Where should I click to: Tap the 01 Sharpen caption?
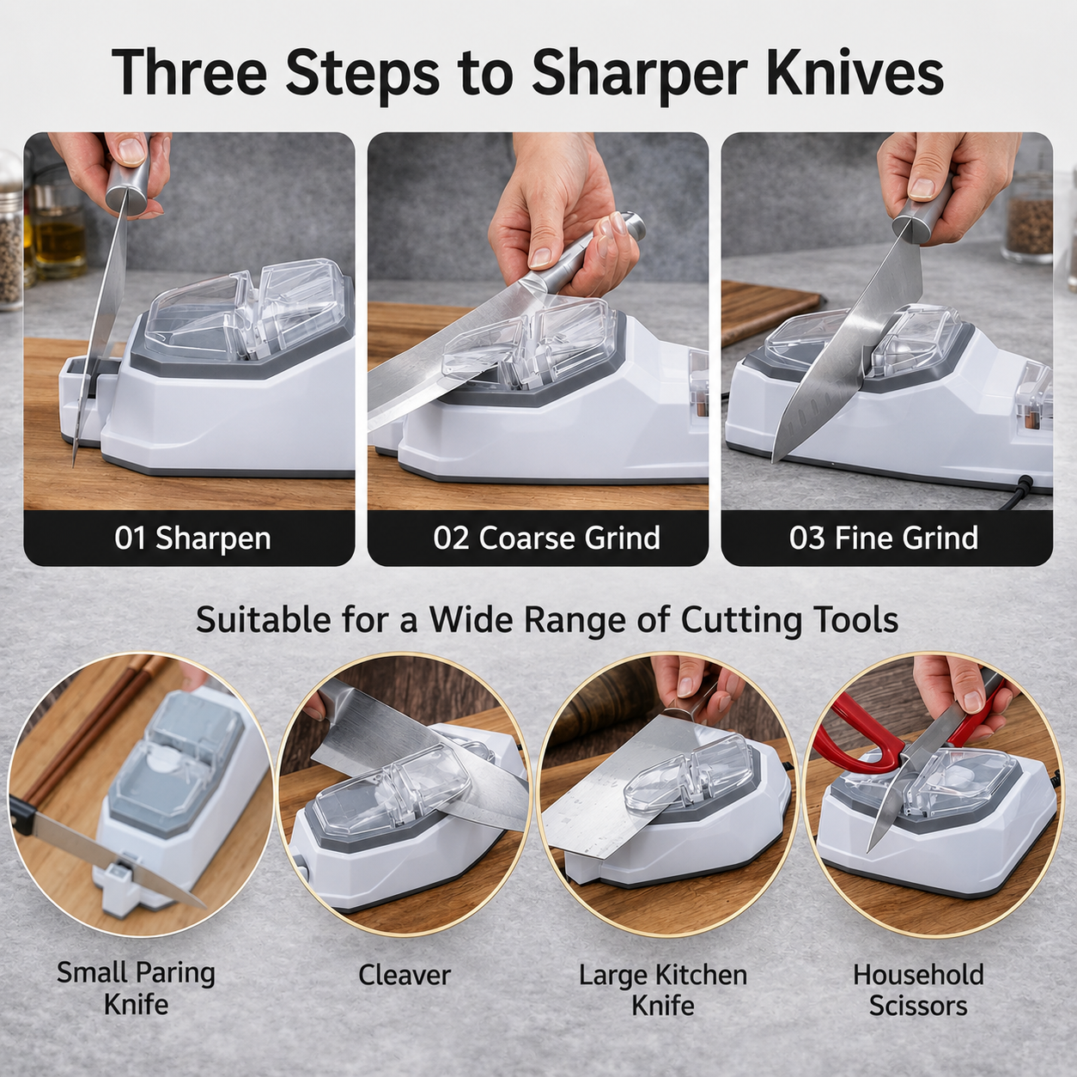pyautogui.click(x=193, y=538)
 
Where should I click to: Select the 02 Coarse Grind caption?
pyautogui.click(x=546, y=538)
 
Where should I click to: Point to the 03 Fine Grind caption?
pyautogui.click(x=884, y=538)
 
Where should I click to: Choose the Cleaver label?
pyautogui.click(x=404, y=990)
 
